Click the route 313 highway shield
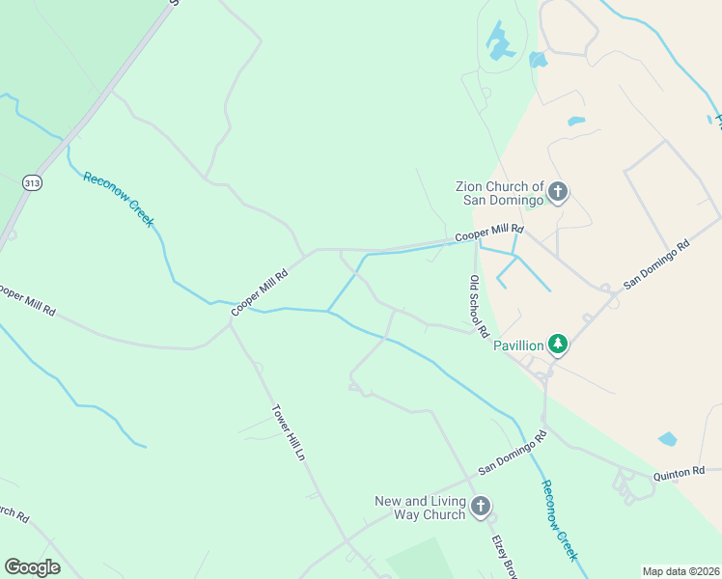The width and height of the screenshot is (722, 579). (x=33, y=182)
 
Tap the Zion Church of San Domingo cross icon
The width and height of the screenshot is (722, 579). (x=558, y=193)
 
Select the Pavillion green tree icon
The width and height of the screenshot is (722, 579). (x=558, y=344)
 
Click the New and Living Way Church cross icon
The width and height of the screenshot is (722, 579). (x=481, y=507)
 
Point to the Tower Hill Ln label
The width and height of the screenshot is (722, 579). (x=288, y=431)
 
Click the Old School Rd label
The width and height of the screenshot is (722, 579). (x=477, y=305)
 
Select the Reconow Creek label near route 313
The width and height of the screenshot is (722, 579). (x=119, y=199)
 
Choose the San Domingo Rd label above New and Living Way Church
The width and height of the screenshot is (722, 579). (x=513, y=452)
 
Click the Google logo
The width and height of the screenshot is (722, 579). (x=33, y=566)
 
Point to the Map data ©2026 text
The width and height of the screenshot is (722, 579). (x=681, y=571)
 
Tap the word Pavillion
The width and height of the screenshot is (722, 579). (x=519, y=345)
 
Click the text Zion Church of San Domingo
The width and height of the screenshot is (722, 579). (x=500, y=193)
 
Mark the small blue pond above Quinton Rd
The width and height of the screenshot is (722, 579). (x=668, y=439)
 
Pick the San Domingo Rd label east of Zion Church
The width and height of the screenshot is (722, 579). (x=657, y=264)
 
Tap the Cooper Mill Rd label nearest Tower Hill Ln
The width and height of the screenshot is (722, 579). (x=260, y=291)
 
